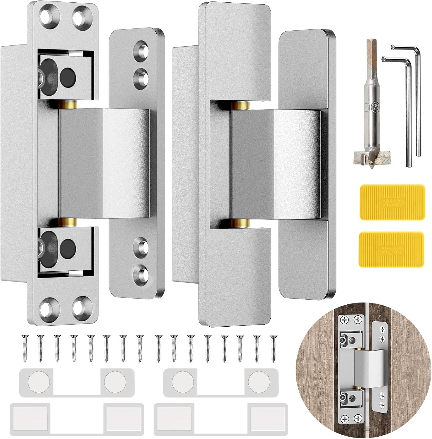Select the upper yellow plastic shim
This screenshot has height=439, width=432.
tap(392, 202)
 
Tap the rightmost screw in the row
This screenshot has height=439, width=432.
tap(273, 348)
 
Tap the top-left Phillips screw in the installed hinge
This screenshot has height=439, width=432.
tap(344, 320)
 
